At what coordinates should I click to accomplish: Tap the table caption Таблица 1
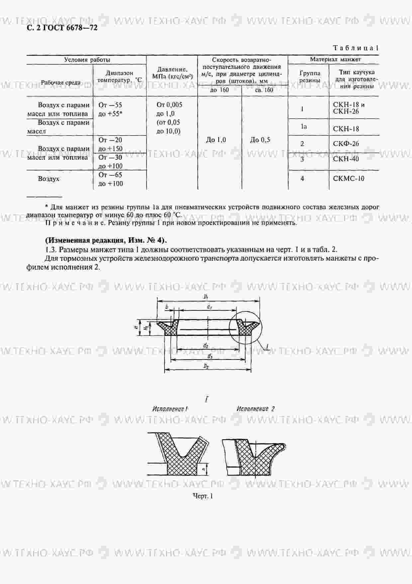coord(356,48)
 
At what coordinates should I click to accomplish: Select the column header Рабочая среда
coord(60,83)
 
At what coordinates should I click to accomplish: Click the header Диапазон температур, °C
coord(120,76)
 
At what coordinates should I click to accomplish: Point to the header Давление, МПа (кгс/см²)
coord(172,73)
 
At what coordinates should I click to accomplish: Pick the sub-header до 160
coord(220,90)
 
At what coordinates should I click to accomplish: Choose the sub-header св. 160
coord(264,90)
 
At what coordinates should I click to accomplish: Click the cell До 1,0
coord(216,140)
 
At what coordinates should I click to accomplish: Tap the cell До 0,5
coord(260,140)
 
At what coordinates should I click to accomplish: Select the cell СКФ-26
coord(346,144)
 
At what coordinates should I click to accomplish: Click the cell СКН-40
coord(346,159)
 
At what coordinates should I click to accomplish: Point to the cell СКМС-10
coord(349,179)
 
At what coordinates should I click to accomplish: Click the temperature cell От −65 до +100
coord(111,179)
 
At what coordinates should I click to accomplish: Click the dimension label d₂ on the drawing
coord(206,345)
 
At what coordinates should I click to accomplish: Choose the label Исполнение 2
coord(256,409)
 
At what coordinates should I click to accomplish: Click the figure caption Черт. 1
coord(203,496)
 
